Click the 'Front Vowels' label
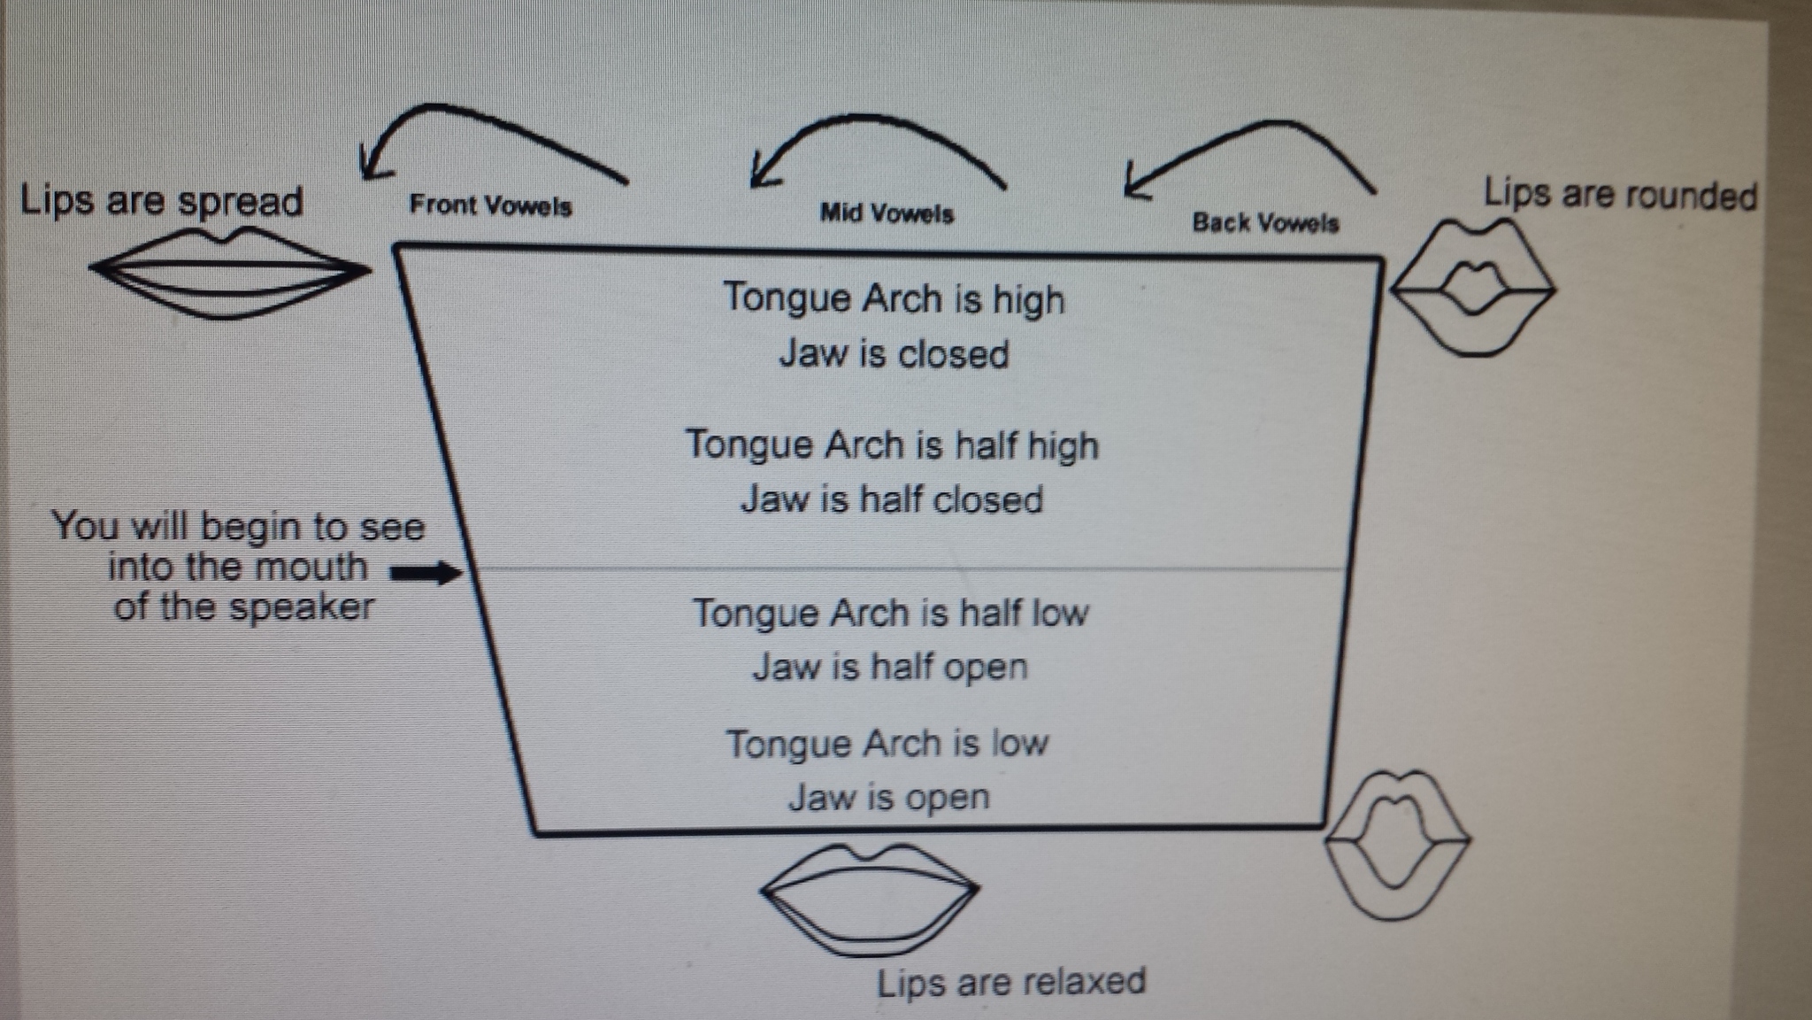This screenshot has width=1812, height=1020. [490, 205]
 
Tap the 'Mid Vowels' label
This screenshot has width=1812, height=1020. [887, 213]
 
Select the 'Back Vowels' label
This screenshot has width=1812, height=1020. [1265, 222]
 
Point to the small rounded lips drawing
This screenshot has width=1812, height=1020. [1472, 289]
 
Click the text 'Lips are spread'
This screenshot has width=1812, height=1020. [161, 200]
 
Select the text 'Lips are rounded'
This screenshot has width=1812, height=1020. [1620, 195]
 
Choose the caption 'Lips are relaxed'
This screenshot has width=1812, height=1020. [1011, 982]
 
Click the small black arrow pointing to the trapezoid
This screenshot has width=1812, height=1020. [426, 573]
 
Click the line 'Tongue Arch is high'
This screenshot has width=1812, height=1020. [894, 298]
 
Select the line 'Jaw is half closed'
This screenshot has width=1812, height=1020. [892, 499]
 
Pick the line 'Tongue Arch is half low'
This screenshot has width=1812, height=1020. [890, 613]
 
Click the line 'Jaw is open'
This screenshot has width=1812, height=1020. [888, 797]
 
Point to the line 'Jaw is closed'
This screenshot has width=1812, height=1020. [894, 354]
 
